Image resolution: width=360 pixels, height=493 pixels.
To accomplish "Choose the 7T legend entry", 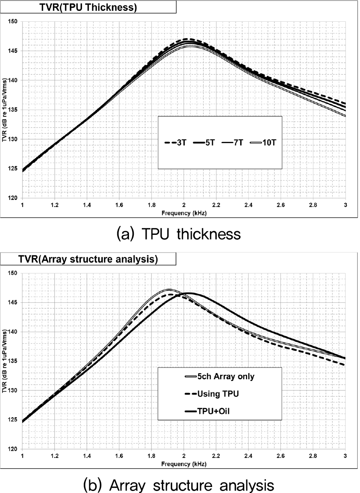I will (236, 142).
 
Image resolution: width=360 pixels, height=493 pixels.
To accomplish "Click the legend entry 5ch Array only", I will (219, 377).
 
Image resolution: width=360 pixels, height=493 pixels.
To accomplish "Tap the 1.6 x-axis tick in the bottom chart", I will (119, 456).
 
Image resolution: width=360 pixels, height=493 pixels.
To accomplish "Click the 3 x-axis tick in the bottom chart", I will (345, 456).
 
